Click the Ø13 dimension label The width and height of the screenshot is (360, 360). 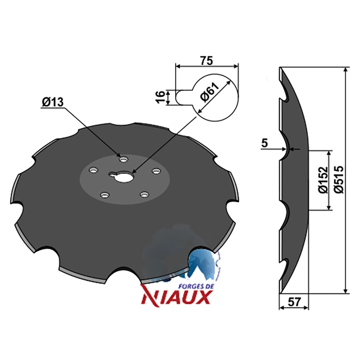[x=53, y=102]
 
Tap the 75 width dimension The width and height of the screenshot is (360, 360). [x=207, y=61]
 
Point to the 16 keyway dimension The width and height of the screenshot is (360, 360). [x=161, y=97]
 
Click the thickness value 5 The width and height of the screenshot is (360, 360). [x=265, y=143]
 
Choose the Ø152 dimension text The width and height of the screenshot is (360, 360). [x=323, y=180]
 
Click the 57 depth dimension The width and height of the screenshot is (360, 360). [x=294, y=302]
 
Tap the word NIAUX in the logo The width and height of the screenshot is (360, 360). [x=176, y=297]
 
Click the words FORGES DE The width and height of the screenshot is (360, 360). [x=196, y=287]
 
